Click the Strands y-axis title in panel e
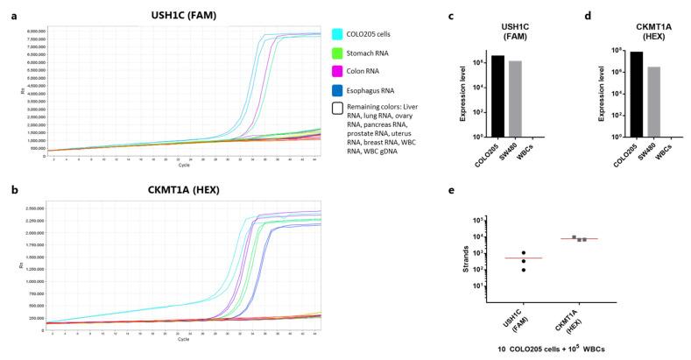click(489, 259)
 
